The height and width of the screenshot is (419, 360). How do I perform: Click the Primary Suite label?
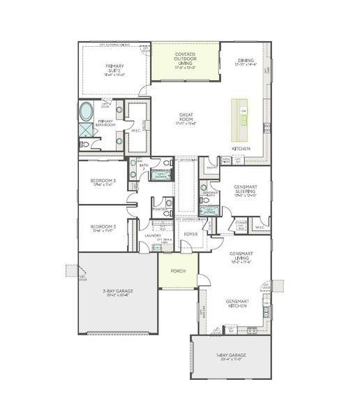(114, 69)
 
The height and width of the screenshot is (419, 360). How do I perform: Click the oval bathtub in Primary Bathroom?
(87, 111)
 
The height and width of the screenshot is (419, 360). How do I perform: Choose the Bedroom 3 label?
(102, 228)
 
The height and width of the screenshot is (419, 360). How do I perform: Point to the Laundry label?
(153, 236)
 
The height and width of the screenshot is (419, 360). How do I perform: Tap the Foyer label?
(190, 235)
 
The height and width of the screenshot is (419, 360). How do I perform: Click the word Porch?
(177, 270)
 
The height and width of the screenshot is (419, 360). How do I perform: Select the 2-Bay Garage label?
(117, 292)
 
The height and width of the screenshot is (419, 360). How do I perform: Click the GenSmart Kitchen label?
(238, 304)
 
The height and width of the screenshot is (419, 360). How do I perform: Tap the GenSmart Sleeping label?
(245, 193)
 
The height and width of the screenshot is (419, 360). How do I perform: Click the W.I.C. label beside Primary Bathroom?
(137, 131)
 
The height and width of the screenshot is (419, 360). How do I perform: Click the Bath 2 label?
(142, 167)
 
